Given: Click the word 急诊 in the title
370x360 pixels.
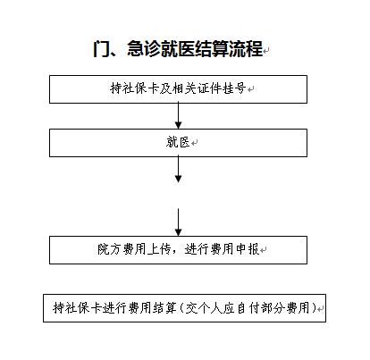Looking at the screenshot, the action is click(x=144, y=48).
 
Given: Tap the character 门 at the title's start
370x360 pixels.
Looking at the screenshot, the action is click(x=102, y=48).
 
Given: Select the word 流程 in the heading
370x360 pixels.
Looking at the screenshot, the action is click(x=246, y=48).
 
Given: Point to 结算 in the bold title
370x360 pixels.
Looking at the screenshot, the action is click(x=212, y=48).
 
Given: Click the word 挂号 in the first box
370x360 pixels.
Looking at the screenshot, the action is click(x=236, y=88).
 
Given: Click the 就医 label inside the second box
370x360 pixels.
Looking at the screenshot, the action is click(x=178, y=142).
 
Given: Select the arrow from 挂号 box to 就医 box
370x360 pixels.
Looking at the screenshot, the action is click(x=178, y=116).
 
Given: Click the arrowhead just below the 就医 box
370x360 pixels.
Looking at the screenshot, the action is click(x=178, y=179).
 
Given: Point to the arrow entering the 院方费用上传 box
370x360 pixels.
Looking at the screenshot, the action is click(x=178, y=222).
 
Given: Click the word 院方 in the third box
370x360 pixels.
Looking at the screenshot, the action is click(x=109, y=249).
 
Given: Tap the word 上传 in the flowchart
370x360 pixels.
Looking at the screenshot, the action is click(x=159, y=249).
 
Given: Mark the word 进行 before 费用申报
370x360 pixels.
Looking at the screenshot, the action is click(x=196, y=249).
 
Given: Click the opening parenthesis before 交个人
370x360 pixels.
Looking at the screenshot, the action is click(x=182, y=308).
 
